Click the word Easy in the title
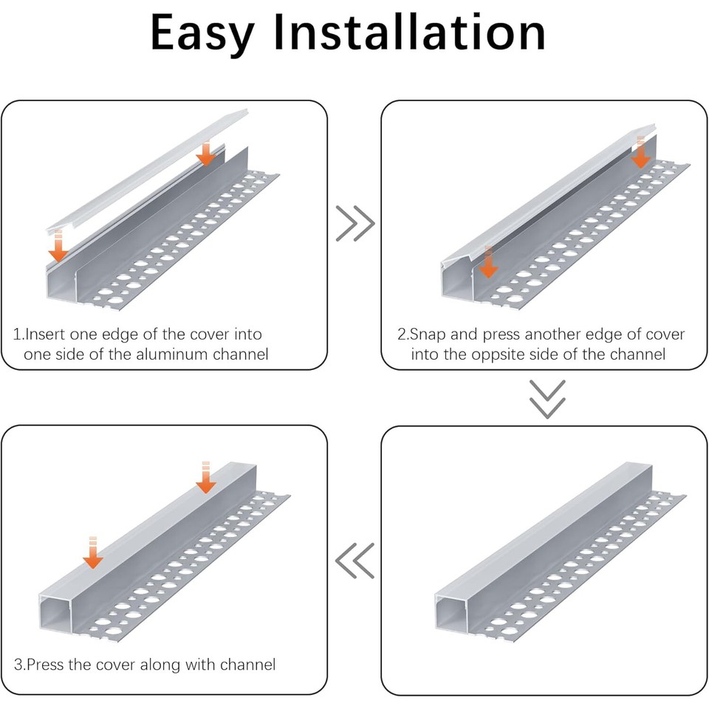coord(202,33)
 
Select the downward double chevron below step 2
coord(547,399)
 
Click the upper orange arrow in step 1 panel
coord(206,154)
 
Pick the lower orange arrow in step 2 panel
coord(487,264)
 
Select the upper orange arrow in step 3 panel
coord(206,478)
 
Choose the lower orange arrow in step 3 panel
coord(92,554)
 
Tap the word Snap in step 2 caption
coord(428,335)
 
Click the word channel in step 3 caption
coord(247,665)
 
